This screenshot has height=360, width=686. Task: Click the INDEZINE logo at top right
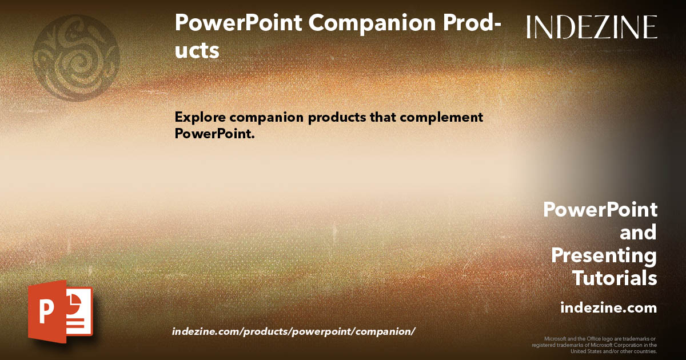tap(592, 27)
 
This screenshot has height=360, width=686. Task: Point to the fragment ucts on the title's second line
tap(197, 50)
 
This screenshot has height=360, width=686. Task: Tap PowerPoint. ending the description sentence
tap(214, 134)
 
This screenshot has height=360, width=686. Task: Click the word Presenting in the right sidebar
tap(604, 256)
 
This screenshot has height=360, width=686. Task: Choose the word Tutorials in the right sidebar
tap(615, 279)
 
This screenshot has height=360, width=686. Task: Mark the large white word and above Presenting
tap(638, 233)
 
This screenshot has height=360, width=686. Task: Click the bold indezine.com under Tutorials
tap(608, 308)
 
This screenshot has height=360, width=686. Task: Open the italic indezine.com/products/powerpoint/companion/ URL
tap(293, 332)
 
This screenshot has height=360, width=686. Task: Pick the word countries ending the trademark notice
tap(645, 351)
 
